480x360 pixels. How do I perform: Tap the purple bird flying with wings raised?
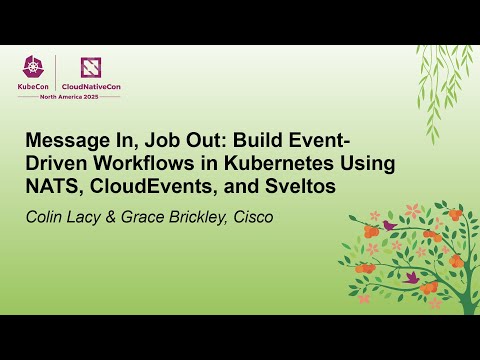pos(410,276)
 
